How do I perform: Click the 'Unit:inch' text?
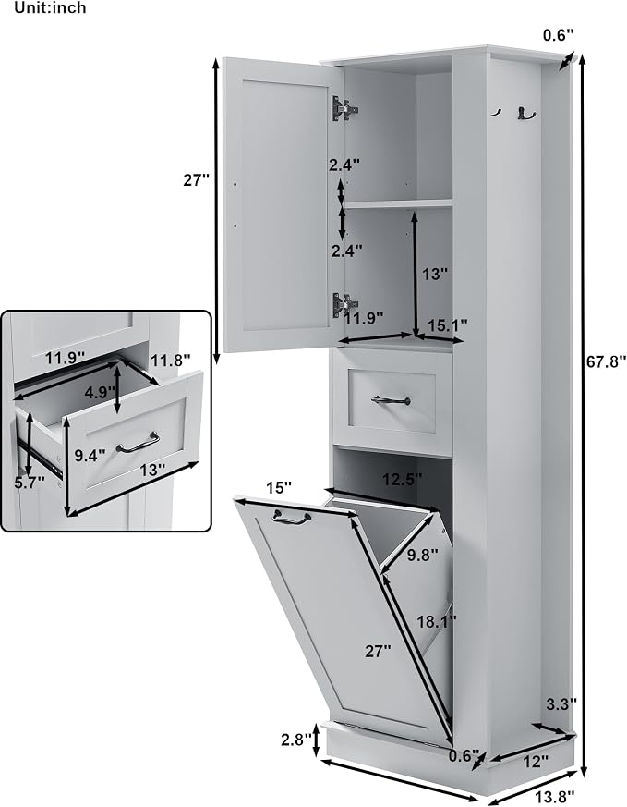coord(51,7)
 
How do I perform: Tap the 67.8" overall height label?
coord(607,361)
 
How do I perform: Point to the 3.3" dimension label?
coord(561,703)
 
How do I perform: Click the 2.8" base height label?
coord(296,740)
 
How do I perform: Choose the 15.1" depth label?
coord(448,325)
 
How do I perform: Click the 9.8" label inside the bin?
coord(422,555)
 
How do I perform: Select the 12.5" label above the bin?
coord(402,479)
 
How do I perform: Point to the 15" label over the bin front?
coord(279,487)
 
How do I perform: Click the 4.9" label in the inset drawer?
coord(99,393)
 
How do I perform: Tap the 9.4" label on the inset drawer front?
coord(90,456)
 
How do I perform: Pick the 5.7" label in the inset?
coord(30,483)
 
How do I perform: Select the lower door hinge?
coord(344,305)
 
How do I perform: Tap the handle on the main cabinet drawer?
coord(392,400)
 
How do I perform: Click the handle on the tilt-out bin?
coord(292,518)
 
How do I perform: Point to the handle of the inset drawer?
coord(138,443)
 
